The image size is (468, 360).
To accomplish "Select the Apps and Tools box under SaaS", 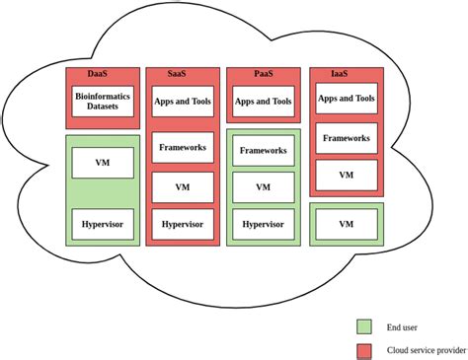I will tap(182, 101).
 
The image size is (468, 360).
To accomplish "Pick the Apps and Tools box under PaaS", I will tap(264, 101).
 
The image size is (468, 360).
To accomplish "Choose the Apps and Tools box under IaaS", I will tap(347, 100).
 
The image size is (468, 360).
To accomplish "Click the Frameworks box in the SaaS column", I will tap(182, 148).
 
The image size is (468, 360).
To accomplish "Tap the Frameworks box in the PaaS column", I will tap(264, 151).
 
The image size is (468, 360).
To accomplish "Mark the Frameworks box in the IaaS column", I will tap(347, 139).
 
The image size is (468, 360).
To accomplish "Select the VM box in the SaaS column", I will tap(182, 186).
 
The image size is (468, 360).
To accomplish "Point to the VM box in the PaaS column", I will tap(264, 187).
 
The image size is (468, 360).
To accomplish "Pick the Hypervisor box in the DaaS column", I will tap(103, 224).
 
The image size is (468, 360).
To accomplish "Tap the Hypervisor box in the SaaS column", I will tap(182, 224).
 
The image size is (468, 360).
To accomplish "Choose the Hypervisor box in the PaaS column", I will tap(264, 224).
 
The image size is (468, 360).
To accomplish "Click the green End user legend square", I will tap(364, 325).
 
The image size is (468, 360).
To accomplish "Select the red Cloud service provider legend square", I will tap(364, 349).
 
